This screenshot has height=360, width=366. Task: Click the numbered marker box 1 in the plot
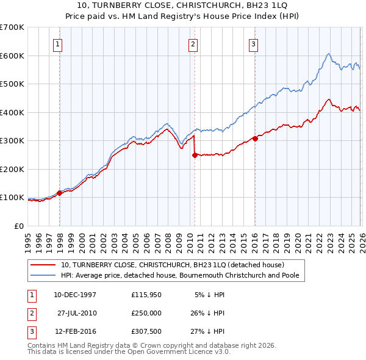pyautogui.click(x=57, y=43)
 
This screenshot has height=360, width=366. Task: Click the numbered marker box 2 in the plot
pyautogui.click(x=192, y=43)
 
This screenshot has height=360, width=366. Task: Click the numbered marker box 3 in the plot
pyautogui.click(x=253, y=43)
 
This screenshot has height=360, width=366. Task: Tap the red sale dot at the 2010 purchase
pyautogui.click(x=195, y=155)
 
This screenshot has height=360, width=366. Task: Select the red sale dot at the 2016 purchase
pyautogui.click(x=255, y=139)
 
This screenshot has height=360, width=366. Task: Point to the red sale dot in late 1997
pyautogui.click(x=60, y=193)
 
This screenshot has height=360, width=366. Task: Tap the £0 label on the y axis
pyautogui.click(x=18, y=226)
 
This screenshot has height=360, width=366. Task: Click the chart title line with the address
pyautogui.click(x=182, y=5)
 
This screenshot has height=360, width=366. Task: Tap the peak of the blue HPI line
pyautogui.click(x=328, y=54)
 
